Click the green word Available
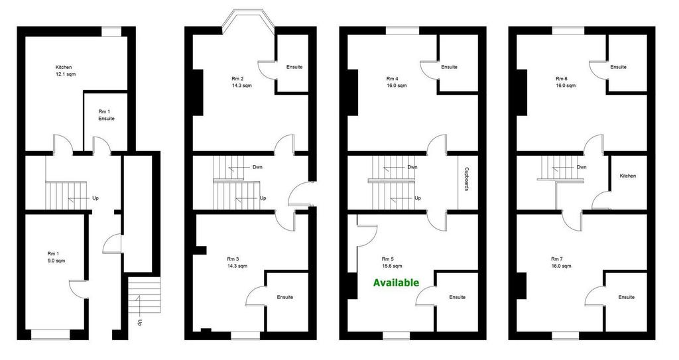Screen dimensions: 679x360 click(x=397, y=283)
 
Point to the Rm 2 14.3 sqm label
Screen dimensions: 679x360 click(x=241, y=82)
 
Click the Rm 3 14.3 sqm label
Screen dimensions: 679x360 click(x=237, y=263)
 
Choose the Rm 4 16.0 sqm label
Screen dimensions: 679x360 click(x=397, y=82)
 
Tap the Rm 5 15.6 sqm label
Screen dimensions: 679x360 click(x=391, y=263)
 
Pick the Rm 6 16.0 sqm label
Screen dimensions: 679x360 click(x=566, y=82)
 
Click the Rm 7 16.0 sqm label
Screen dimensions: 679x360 click(x=561, y=263)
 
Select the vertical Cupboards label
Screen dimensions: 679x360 click(x=467, y=180)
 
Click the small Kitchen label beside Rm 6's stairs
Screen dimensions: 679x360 click(x=628, y=176)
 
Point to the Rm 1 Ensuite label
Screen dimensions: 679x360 click(x=106, y=115)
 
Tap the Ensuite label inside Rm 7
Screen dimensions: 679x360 click(x=627, y=297)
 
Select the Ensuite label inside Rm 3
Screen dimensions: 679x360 click(x=285, y=297)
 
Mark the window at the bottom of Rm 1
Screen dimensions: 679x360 click(x=50, y=334)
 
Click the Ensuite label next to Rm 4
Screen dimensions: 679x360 click(x=450, y=67)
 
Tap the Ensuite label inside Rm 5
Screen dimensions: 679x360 click(x=458, y=297)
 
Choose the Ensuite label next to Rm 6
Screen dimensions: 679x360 click(x=619, y=67)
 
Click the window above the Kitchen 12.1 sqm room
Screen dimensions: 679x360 click(x=111, y=31)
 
